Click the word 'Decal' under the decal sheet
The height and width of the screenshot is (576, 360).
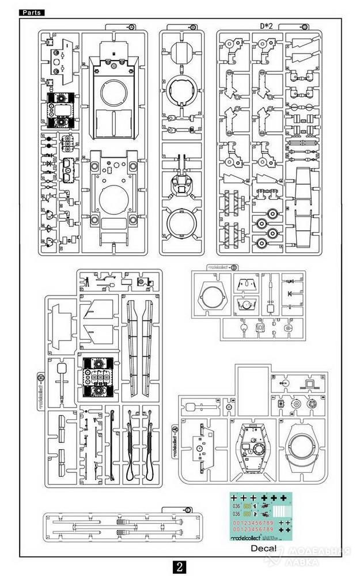263,548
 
